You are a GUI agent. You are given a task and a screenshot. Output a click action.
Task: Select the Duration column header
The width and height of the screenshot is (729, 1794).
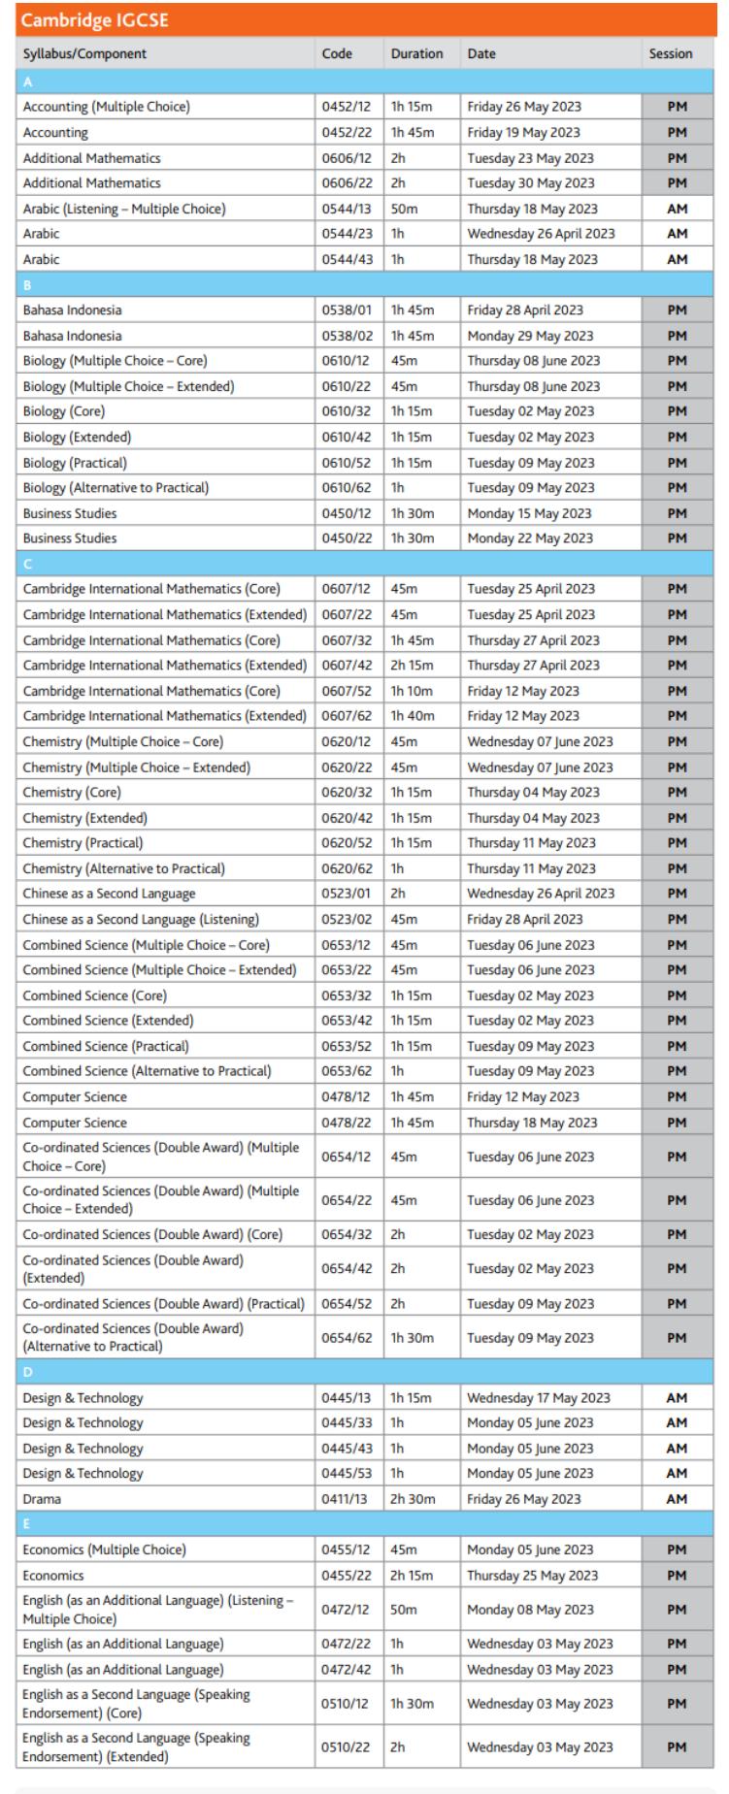[416, 54]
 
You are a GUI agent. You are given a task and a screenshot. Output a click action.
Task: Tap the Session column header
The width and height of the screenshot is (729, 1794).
[671, 54]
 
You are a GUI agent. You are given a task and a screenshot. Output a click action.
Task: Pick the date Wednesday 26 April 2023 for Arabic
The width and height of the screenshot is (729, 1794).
[541, 234]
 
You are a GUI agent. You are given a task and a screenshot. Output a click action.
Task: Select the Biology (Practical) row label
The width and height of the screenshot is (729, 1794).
[75, 463]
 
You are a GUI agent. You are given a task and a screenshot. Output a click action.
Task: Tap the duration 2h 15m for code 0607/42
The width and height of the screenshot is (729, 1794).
[413, 666]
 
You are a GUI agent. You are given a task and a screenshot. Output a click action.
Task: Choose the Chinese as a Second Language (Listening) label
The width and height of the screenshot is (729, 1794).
[141, 919]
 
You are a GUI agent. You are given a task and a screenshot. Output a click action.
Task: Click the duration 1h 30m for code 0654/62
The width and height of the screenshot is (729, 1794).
[413, 1338]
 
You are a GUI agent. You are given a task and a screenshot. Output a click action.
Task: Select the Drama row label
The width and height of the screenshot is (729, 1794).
[42, 1499]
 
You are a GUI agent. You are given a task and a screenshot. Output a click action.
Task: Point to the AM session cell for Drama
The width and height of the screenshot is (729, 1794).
[677, 1499]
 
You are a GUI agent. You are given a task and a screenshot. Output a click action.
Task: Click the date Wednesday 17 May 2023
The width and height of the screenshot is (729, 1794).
[539, 1398]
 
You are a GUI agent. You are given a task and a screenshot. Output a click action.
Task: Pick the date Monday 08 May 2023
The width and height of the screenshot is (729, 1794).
[530, 1610]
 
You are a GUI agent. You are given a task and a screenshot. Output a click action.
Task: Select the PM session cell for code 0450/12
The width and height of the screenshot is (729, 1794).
[677, 513]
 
